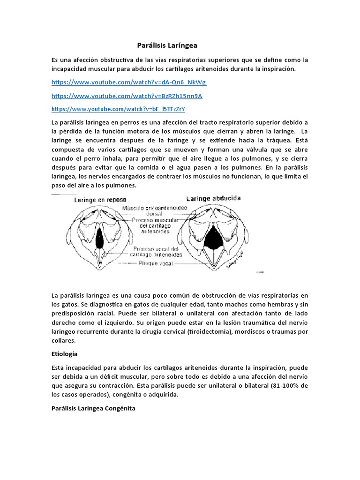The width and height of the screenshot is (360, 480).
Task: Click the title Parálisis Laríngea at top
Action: pos(167,45)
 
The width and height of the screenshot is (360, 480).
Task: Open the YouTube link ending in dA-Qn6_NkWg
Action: pos(129,82)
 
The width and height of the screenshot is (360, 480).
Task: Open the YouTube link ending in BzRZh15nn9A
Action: pos(127,96)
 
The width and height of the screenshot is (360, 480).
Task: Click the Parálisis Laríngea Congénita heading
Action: pos(93,408)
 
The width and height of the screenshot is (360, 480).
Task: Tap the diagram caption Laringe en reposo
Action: pos(100,199)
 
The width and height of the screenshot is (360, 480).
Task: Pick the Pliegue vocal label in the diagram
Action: pos(153,264)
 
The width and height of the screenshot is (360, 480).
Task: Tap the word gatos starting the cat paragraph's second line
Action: pos(63,304)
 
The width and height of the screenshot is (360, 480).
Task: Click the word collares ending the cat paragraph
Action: pos(63,341)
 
